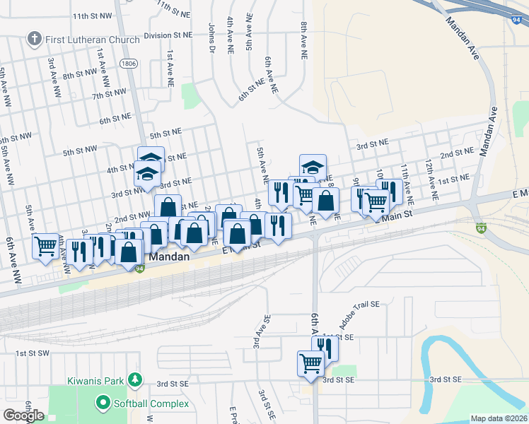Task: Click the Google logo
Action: point(23,416)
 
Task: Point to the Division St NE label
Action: point(168,35)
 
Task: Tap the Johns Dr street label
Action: point(211,38)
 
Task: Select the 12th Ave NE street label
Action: point(429,173)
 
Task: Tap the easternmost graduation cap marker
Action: point(313,167)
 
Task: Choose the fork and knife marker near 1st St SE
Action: point(325,348)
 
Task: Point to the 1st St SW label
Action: point(31,353)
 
